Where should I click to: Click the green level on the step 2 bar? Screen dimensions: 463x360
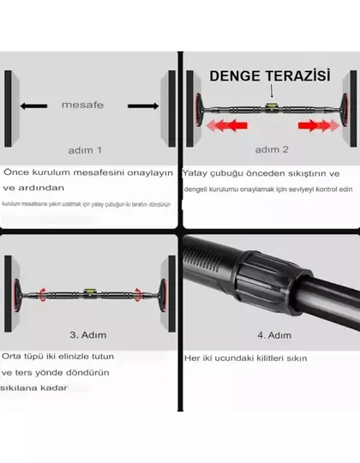click(268, 107)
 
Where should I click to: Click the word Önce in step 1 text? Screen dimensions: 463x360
click(15, 171)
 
